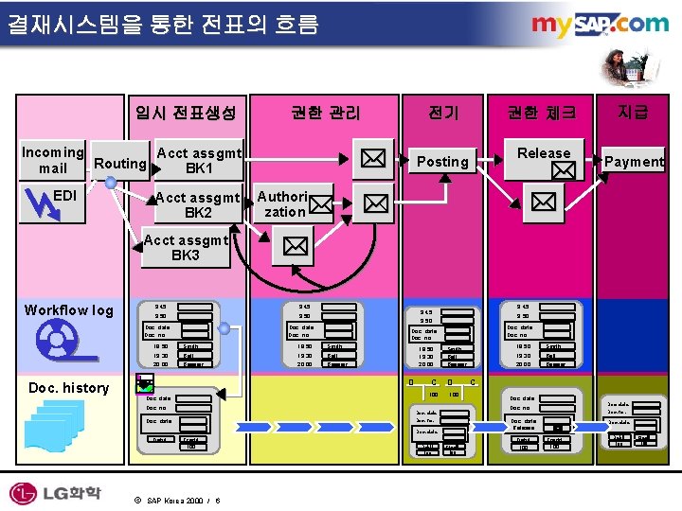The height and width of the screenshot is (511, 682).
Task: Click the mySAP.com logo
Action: pos(599,26)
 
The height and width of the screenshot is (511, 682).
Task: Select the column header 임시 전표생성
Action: pos(185,114)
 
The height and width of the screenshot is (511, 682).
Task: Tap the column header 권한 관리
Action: pos(325,114)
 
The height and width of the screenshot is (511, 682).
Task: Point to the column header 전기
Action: pos(443,114)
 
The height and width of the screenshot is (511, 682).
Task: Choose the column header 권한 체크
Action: pos(541,114)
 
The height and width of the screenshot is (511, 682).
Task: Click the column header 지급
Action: pos(633,113)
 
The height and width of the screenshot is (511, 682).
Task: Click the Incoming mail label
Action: pos(53,160)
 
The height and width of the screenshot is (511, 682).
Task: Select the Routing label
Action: pos(119,163)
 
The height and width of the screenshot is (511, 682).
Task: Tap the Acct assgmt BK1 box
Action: pos(198,161)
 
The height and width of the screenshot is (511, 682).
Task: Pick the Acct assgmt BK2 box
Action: pos(198,204)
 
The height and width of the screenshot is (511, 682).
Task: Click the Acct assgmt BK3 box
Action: pos(186,248)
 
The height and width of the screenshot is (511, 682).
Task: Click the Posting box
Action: pos(442,161)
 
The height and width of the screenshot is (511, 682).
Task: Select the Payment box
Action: pos(634,161)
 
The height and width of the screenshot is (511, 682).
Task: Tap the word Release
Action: pos(544,153)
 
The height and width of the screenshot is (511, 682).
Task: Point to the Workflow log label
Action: pos(68,310)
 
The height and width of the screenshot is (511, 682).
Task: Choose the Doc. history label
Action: pos(68,387)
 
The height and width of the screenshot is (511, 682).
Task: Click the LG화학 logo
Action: pos(56,492)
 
